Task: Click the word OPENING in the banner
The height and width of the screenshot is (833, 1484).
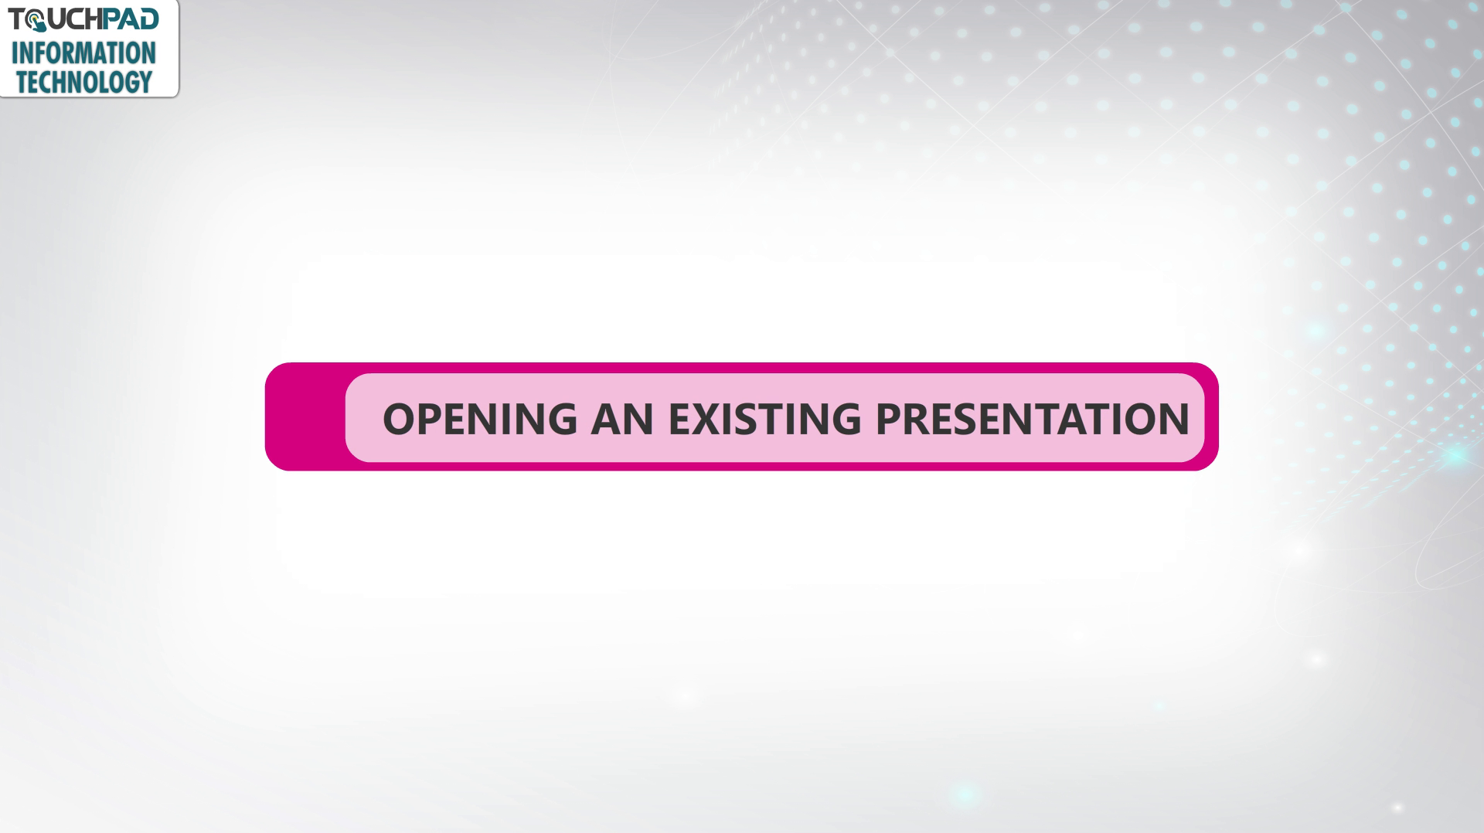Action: point(480,419)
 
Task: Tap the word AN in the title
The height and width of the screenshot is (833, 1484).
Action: point(622,419)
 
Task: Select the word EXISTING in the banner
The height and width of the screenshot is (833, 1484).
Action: point(764,419)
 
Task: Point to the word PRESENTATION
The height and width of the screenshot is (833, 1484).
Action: point(1032,419)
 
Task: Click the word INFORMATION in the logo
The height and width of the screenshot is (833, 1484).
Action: point(83,53)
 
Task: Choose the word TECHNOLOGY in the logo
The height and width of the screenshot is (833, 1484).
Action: point(84,81)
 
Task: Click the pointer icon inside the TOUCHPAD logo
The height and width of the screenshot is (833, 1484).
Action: point(36,22)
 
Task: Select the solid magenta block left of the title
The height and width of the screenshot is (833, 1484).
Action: point(306,416)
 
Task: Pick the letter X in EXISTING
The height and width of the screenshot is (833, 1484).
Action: point(708,419)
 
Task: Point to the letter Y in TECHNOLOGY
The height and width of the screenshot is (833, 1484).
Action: point(145,81)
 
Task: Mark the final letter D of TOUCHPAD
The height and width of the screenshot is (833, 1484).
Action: point(149,19)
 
